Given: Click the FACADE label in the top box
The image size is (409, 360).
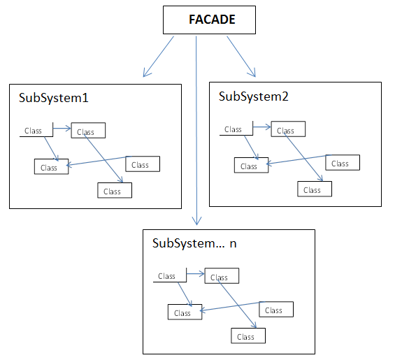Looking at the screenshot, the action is [x=212, y=20].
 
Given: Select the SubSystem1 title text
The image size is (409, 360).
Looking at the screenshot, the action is [x=54, y=98].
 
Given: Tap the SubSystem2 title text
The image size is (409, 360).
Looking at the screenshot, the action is [x=254, y=96].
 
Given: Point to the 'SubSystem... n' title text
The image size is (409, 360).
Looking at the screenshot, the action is [x=194, y=243].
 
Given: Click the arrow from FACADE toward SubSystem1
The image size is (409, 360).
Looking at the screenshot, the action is [x=158, y=57].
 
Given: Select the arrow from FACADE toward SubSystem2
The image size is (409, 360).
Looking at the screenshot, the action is [x=241, y=57].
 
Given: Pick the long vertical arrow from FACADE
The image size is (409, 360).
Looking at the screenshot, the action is [x=196, y=131].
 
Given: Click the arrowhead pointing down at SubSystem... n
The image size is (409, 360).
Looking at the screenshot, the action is [x=196, y=221].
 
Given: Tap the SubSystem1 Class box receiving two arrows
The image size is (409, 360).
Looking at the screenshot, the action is [x=51, y=166].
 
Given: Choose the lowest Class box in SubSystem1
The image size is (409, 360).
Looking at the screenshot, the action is [x=115, y=190].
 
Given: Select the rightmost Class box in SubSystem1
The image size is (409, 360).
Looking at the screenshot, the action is [x=143, y=164].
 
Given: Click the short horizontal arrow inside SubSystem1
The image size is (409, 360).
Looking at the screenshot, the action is [x=62, y=129].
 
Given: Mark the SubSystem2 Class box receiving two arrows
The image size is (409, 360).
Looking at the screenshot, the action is [x=252, y=165].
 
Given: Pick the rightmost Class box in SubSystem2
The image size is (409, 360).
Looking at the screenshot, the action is [x=343, y=162].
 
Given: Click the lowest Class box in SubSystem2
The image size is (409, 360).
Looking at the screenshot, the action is [x=315, y=189].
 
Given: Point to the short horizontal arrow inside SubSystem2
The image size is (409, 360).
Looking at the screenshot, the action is [x=262, y=127].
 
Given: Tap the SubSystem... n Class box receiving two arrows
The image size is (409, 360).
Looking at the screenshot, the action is [x=185, y=312].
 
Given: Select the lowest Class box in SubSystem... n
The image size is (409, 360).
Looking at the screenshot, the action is [x=248, y=336].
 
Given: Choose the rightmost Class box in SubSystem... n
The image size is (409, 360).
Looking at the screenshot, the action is [x=276, y=310].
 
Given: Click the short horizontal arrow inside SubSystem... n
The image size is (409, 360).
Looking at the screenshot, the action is [x=196, y=274].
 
